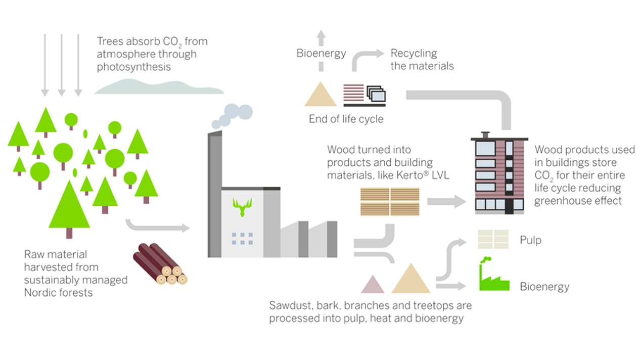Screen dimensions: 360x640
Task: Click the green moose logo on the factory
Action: click(x=243, y=207)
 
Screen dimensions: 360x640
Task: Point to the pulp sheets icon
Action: click(x=493, y=239)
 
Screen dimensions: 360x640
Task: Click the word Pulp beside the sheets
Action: click(x=530, y=240)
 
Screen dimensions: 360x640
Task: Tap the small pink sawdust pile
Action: click(x=373, y=284)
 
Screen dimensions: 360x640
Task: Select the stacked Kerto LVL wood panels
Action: click(x=390, y=202)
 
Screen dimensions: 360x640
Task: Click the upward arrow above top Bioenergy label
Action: click(x=322, y=37)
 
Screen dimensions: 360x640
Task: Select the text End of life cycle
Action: click(x=346, y=120)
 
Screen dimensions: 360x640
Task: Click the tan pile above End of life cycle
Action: click(x=321, y=95)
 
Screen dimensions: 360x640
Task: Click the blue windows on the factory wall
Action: click(x=242, y=239)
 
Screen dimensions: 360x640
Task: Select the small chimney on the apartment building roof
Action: click(x=485, y=135)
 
